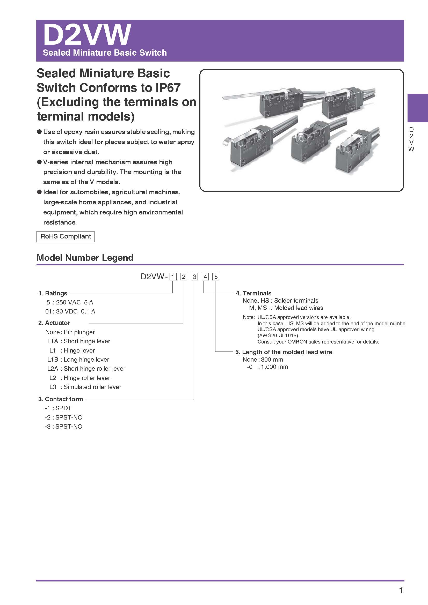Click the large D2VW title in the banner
coord(87,35)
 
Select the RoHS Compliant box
coord(66,236)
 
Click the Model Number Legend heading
coord(85,257)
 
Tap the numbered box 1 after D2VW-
coord(173,277)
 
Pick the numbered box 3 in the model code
coord(194,277)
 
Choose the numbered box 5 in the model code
coord(216,277)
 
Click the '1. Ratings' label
coord(53,293)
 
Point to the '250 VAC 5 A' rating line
coord(70,302)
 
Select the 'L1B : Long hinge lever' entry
coord(78,360)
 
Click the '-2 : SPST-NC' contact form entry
coord(63,417)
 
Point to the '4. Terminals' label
coord(253,293)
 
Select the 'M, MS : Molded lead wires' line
coord(286,308)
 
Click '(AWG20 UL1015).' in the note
coord(279,335)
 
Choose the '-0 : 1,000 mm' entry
coord(267,367)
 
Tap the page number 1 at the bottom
coord(401,591)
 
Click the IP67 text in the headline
coord(168,88)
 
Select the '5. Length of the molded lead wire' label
coord(284,352)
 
